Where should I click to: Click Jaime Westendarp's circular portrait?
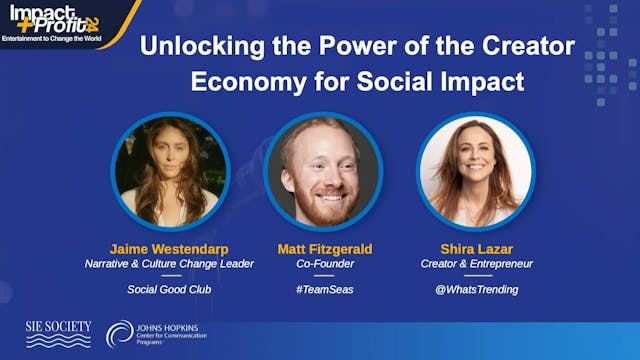[170, 171]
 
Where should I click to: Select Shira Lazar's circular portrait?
[475, 171]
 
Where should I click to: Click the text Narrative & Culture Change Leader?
[170, 264]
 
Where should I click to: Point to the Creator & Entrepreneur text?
[475, 264]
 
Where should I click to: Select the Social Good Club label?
[170, 290]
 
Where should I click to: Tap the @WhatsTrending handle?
[475, 290]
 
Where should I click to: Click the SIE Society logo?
[57, 334]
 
